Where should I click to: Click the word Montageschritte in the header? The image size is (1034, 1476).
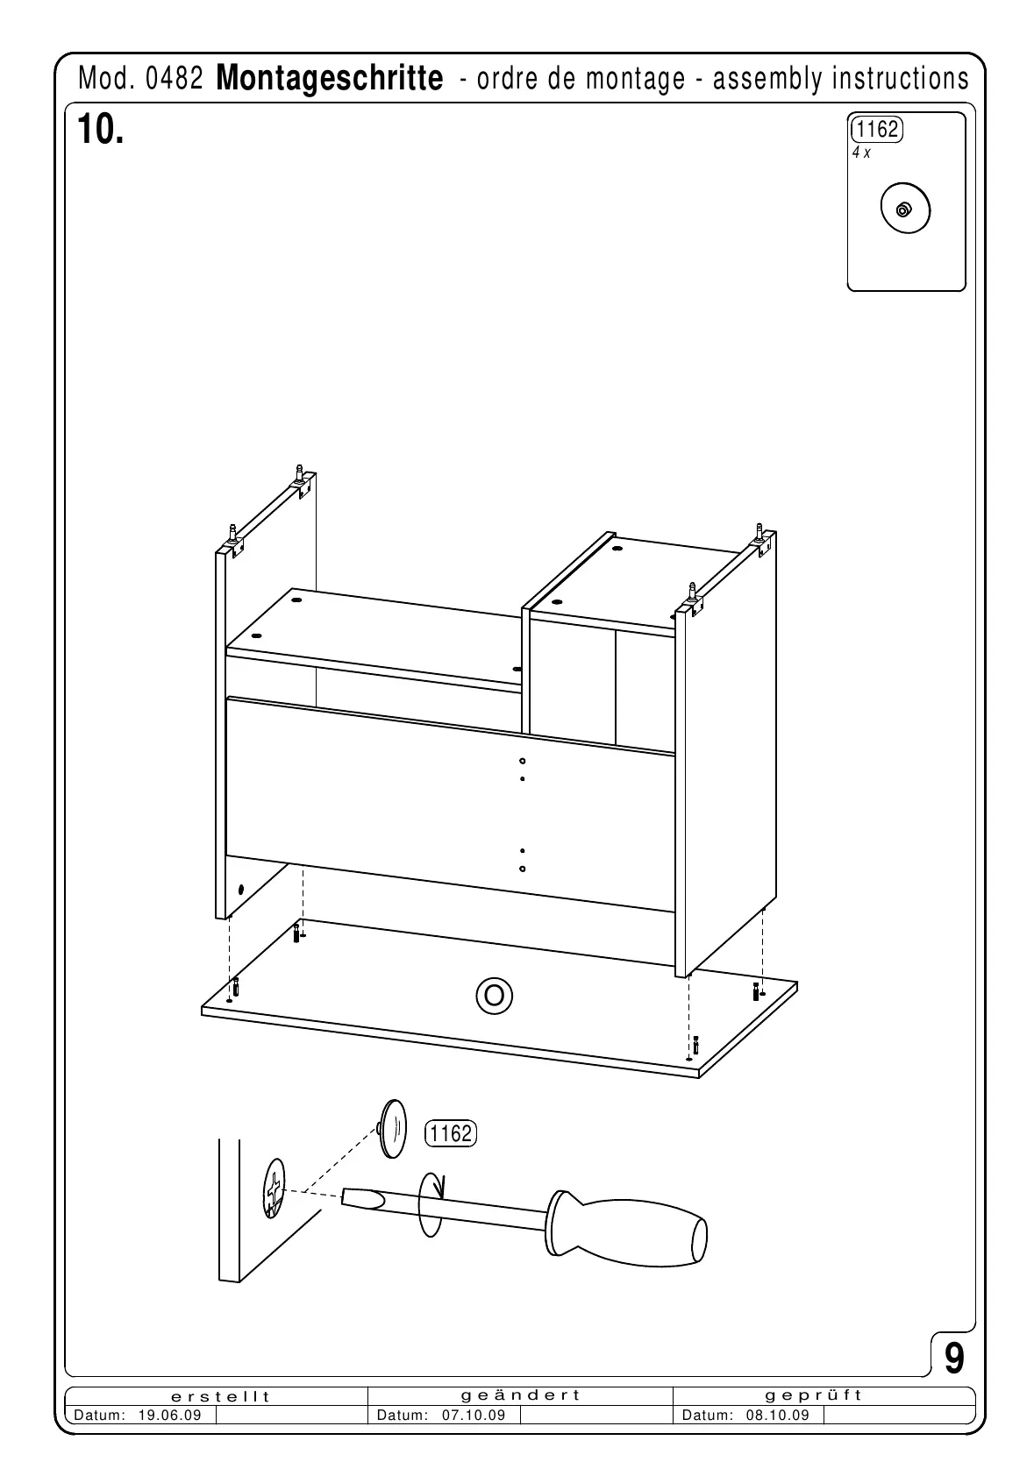point(329,79)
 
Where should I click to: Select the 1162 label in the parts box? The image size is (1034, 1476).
point(876,130)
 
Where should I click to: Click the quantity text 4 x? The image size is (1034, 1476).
point(861,153)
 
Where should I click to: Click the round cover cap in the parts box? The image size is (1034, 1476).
point(904,209)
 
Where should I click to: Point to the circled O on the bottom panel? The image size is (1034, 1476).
point(494,995)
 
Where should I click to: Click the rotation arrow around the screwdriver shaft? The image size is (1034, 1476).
point(432,1204)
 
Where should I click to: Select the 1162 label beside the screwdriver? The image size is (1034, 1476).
point(451,1133)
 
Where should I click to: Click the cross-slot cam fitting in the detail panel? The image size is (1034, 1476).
point(275,1189)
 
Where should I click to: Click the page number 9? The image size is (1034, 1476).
point(954,1359)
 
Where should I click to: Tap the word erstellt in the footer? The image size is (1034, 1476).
point(220,1396)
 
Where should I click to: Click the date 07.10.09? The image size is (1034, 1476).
point(474,1416)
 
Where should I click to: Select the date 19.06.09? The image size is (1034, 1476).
point(170,1416)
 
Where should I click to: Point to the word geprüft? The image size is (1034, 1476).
point(813,1395)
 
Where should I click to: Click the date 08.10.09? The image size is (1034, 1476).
point(778,1416)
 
